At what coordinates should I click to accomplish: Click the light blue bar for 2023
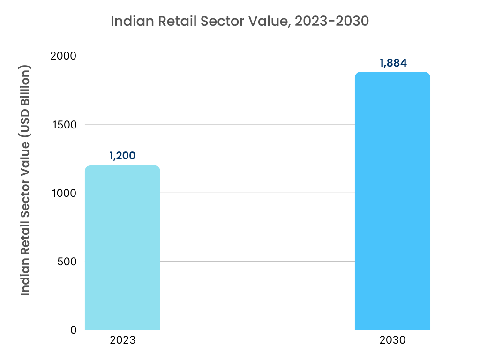pos(122,248)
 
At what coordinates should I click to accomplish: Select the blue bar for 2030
pos(392,202)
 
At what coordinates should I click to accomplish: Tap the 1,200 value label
pos(122,156)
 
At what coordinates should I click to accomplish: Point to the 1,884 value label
pos(393,62)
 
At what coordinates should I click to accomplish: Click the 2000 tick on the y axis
pos(63,56)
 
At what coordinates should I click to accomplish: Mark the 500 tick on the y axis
pos(67,262)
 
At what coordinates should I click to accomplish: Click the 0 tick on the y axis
pos(74,330)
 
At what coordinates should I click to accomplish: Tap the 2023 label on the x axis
pos(122,340)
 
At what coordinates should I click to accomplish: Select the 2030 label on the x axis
pos(393,340)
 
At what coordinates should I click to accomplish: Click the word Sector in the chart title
pos(222,21)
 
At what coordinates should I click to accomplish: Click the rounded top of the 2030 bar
pos(392,74)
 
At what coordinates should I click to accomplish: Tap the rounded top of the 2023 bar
pos(122,168)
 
